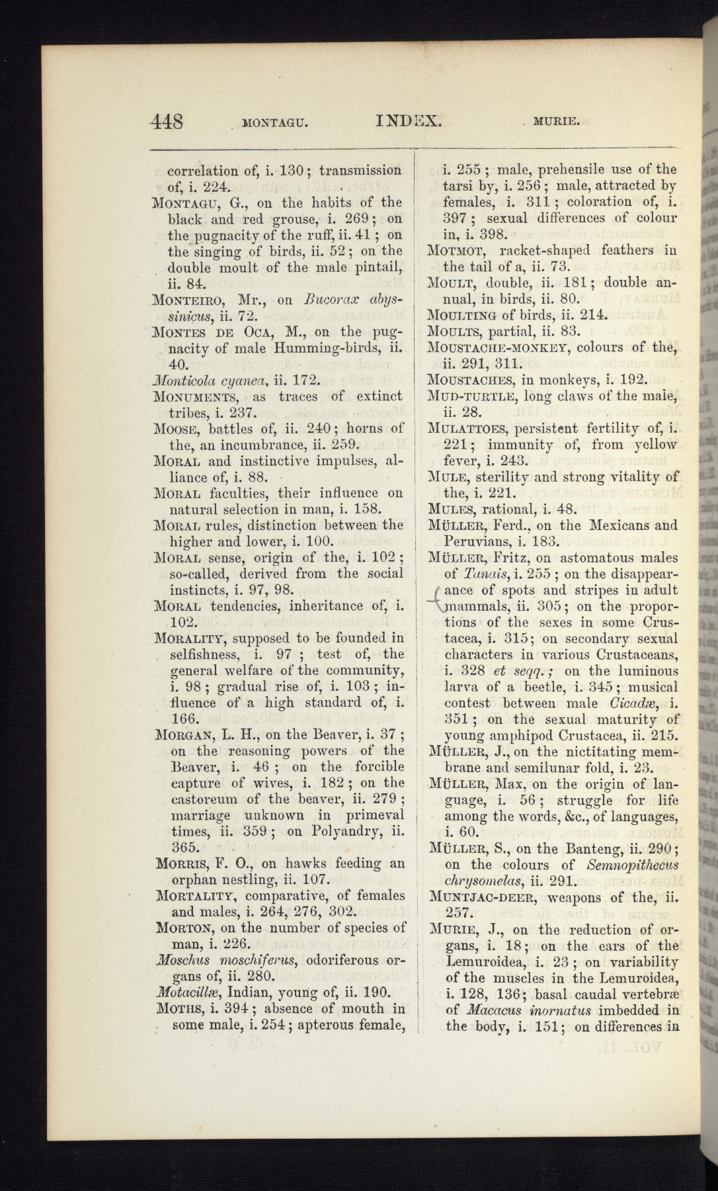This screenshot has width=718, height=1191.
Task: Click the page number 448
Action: tap(167, 122)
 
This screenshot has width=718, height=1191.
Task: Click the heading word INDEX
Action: tap(408, 120)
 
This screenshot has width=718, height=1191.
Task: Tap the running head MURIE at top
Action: tap(557, 122)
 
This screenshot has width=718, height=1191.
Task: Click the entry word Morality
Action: tap(191, 639)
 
